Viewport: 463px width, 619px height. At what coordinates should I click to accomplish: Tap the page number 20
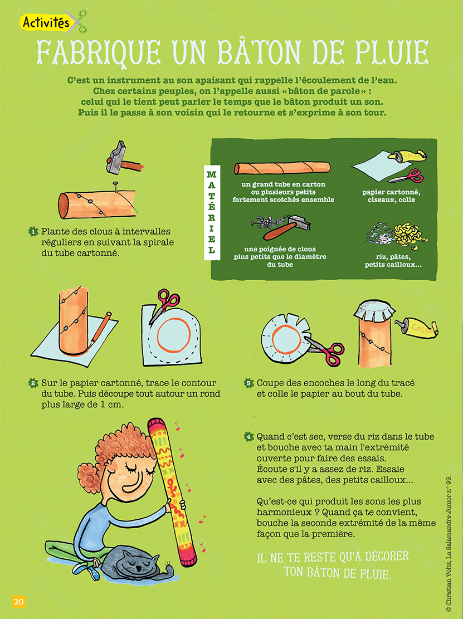tap(18, 602)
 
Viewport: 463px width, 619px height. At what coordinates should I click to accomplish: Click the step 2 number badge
tap(33, 383)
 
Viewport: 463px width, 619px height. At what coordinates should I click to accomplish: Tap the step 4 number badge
tap(248, 437)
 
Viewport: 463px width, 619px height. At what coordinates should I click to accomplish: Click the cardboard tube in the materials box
tap(282, 168)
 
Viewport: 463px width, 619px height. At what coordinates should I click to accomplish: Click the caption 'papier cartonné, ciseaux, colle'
tap(391, 196)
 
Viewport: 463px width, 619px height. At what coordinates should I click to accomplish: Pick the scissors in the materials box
tap(407, 176)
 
